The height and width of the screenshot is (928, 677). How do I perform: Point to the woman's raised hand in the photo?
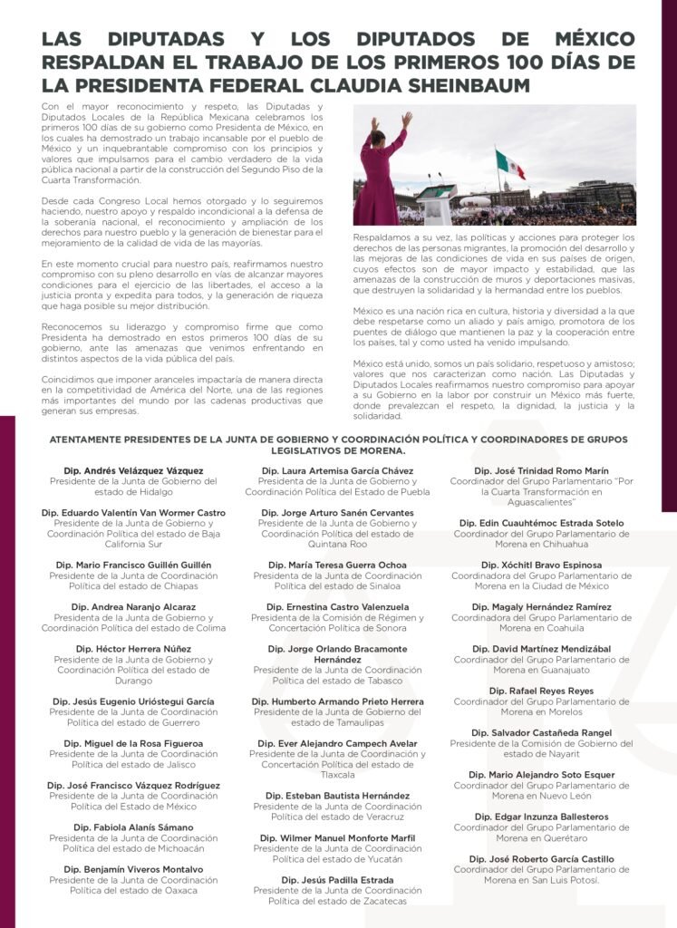pos(407,119)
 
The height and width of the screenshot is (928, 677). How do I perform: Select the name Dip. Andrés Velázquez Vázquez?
pos(133,471)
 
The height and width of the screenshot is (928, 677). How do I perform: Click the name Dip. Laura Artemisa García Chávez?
pos(337,471)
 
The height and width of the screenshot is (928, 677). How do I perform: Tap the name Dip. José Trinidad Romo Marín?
pos(541,471)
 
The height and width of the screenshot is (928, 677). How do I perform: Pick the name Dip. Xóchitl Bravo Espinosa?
pos(541,565)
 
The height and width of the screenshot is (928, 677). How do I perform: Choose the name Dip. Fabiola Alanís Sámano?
pos(133,827)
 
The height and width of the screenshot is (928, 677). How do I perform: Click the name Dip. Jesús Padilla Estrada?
pos(337,880)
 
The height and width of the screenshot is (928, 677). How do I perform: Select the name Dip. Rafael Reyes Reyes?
pos(541,691)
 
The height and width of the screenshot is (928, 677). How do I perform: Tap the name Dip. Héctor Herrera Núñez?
pos(133,649)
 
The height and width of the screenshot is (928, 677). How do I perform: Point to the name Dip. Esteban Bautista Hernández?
pos(337,796)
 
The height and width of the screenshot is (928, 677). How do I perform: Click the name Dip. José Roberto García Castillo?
pos(541,858)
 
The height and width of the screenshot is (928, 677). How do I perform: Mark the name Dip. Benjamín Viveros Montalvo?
pos(133,869)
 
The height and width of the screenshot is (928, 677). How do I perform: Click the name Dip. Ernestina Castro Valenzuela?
pos(337,607)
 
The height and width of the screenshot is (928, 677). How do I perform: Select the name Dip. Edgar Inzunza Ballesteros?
pos(541,817)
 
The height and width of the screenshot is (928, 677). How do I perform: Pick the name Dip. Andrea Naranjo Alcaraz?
pos(133,607)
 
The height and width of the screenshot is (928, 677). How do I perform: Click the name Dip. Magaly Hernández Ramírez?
pos(541,607)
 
